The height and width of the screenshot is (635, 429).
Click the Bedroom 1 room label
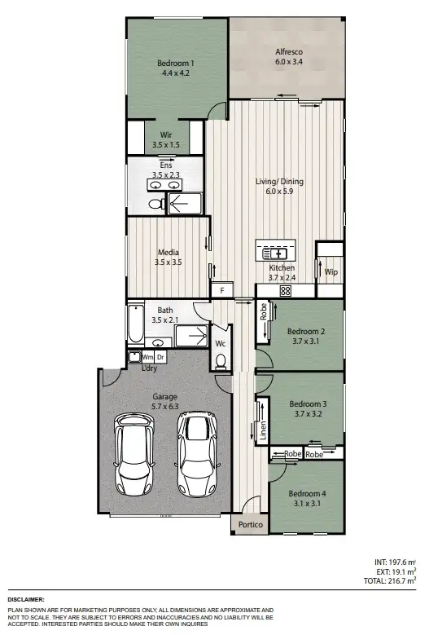click(176, 62)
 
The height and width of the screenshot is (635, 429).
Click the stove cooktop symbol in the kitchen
click(286, 290)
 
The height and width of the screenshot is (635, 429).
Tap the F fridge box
click(221, 290)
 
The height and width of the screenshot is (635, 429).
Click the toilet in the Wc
click(220, 360)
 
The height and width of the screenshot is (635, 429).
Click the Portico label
click(250, 525)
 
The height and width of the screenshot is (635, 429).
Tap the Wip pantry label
click(331, 271)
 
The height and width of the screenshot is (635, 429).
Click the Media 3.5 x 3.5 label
click(168, 258)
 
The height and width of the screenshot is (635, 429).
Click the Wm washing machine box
click(147, 357)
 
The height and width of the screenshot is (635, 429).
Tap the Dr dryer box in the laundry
click(160, 357)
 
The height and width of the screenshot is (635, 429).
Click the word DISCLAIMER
click(27, 599)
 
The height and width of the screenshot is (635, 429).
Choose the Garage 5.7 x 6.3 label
click(164, 402)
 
